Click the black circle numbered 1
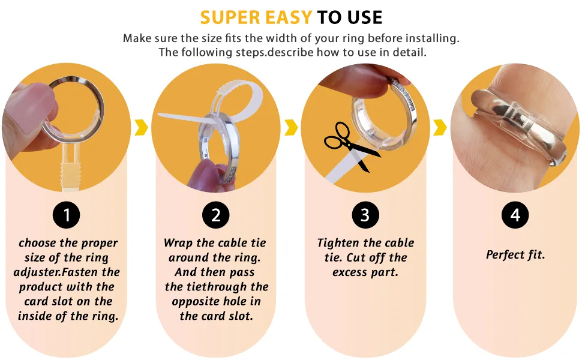[x=67, y=215]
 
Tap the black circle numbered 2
[x=215, y=215]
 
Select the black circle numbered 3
[x=365, y=215]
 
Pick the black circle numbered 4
[x=515, y=215]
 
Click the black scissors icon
[x=351, y=146]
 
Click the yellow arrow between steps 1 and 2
[x=141, y=127]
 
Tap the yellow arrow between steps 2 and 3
[x=291, y=127]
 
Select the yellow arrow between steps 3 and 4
[x=440, y=127]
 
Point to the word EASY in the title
[x=289, y=17]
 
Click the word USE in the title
[x=365, y=17]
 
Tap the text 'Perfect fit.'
[x=515, y=255]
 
